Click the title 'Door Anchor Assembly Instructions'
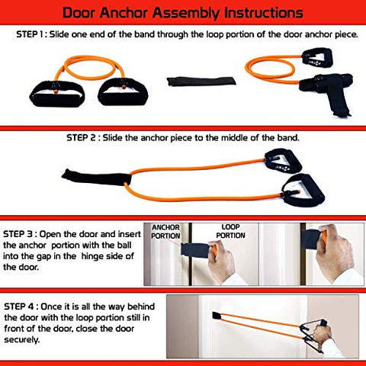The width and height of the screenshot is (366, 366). click(x=183, y=13)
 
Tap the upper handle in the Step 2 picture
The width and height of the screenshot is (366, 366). click(x=275, y=162)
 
